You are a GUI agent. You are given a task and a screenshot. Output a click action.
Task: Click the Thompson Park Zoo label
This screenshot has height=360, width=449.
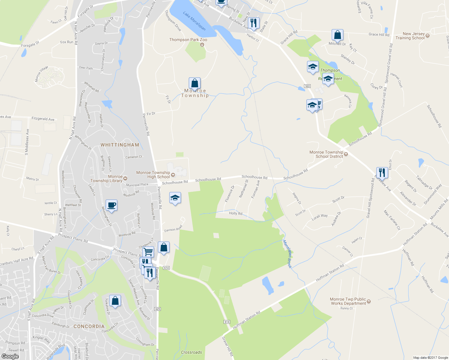click(188, 40)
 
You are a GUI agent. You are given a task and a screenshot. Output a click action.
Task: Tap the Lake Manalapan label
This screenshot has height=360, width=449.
click(194, 21)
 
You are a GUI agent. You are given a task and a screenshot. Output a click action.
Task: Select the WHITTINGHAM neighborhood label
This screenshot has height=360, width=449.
click(120, 145)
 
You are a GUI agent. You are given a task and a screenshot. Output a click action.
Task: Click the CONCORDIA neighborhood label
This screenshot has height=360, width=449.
click(89, 326)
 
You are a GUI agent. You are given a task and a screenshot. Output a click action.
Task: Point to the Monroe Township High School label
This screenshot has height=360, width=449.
click(153, 175)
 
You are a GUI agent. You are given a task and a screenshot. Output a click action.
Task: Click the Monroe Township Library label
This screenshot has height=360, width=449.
click(107, 179)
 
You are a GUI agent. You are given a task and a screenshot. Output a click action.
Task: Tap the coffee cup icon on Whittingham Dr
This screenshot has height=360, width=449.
click(111, 205)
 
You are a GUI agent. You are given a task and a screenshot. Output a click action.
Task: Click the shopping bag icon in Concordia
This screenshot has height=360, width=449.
click(115, 301)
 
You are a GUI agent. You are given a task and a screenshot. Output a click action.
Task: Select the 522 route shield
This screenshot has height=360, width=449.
click(307, 86)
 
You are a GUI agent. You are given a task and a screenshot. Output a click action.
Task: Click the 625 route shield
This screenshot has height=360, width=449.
click(158, 309)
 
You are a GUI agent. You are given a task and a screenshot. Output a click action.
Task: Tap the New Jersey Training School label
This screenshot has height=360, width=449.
click(410, 36)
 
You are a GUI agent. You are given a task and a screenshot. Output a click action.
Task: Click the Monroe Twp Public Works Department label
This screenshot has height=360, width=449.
click(348, 301)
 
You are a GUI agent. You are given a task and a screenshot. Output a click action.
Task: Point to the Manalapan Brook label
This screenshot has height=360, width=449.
click(288, 254)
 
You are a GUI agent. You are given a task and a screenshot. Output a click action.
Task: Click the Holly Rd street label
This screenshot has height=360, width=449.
click(236, 214)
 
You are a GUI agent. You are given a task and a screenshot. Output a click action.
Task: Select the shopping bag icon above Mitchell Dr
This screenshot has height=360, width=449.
click(337, 35)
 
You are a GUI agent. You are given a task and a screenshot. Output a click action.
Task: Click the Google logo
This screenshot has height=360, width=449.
click(10, 356)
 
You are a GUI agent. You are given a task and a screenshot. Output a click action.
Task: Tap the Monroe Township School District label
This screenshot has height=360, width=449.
click(326, 154)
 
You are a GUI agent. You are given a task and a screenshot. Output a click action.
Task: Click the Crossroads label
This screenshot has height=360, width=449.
click(191, 352)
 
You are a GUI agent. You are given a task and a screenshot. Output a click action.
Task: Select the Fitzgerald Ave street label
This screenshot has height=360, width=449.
click(43, 119)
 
